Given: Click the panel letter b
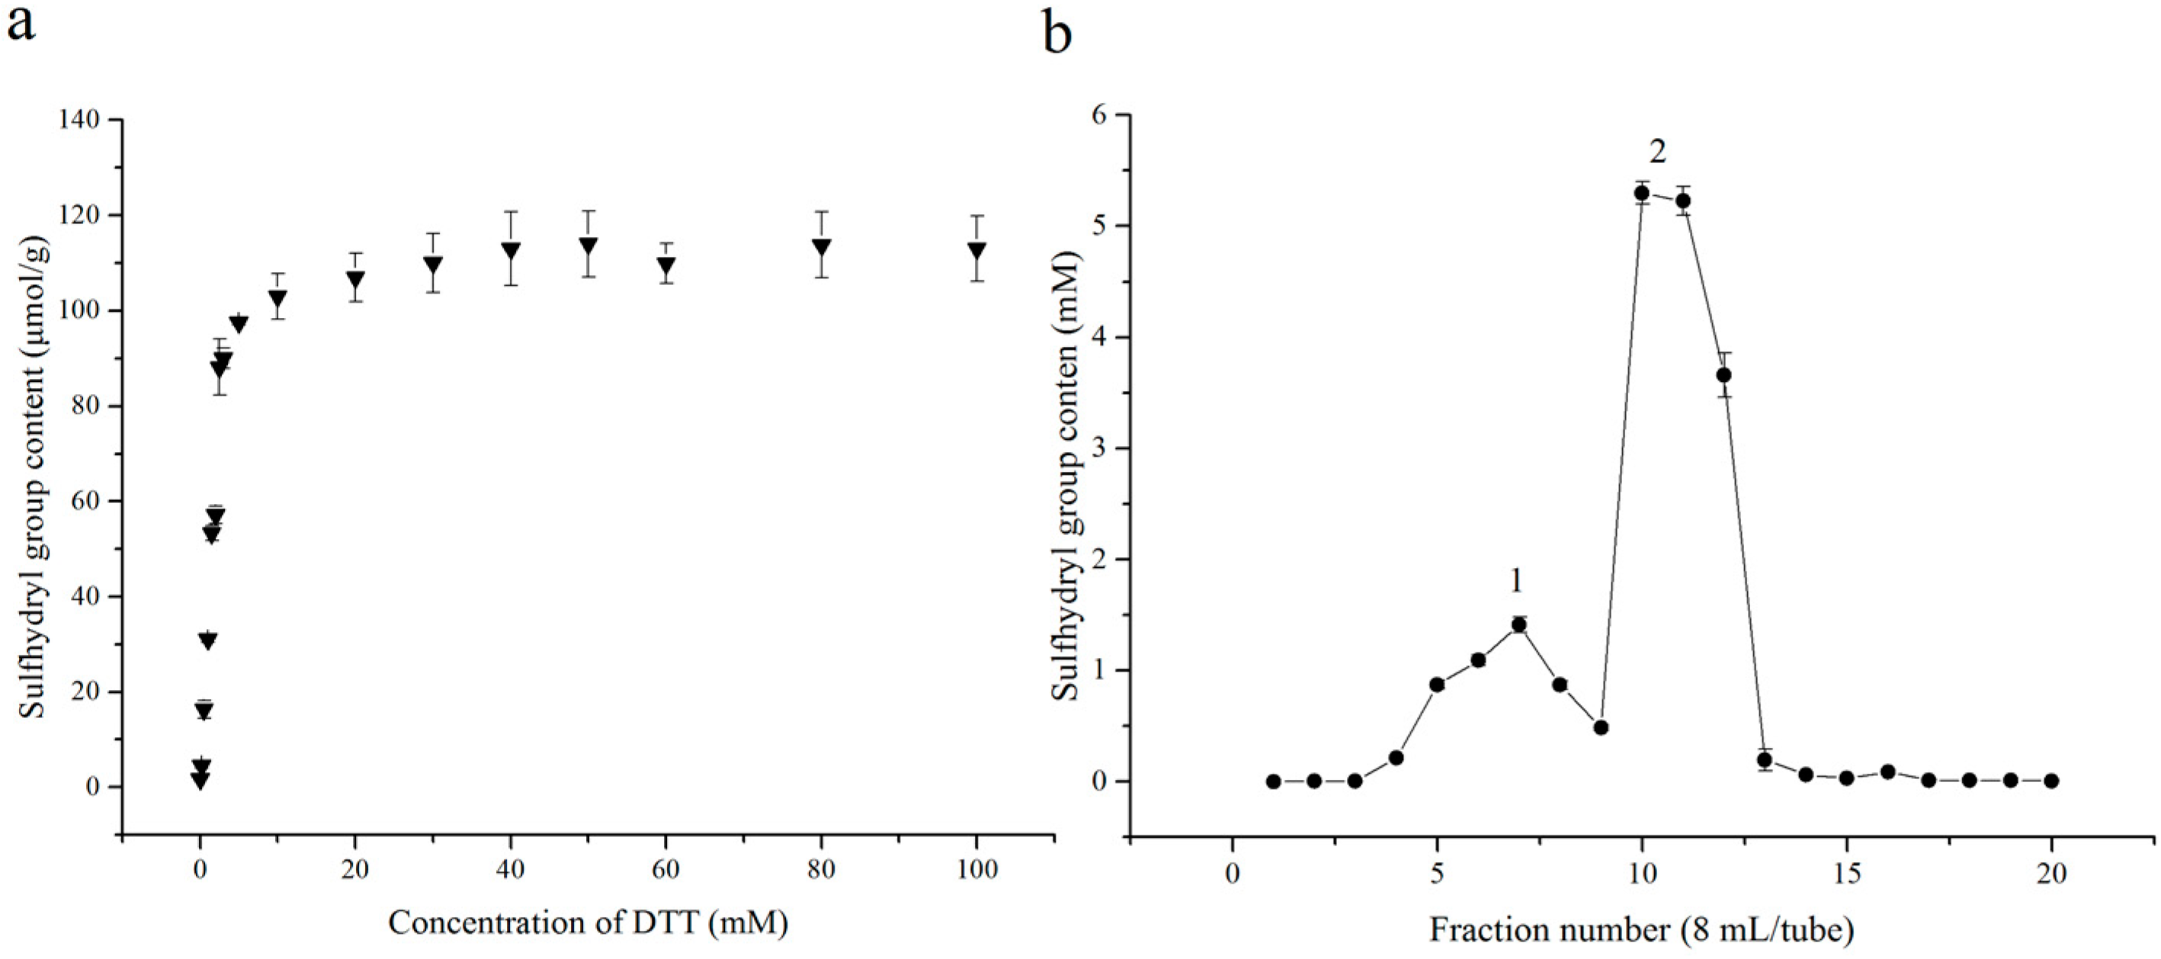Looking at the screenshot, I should (1058, 34).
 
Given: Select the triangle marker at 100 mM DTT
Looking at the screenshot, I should (976, 251).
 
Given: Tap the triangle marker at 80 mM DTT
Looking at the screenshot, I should (821, 248).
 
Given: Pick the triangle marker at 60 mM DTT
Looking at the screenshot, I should (666, 267).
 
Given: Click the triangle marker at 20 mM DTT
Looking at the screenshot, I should (356, 280).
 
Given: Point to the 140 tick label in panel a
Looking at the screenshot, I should (80, 120).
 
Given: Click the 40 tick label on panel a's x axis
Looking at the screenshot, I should (510, 869).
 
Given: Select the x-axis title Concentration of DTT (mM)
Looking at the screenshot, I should (588, 924).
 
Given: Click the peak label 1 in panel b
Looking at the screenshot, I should (1516, 581).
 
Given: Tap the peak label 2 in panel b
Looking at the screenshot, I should (1658, 152).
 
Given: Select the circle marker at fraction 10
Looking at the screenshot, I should (1642, 193).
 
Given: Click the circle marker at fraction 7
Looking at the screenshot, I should (1518, 624).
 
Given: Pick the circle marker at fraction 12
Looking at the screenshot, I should (1724, 375).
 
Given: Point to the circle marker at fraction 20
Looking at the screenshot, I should (2051, 781).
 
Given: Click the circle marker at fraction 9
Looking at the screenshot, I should (1601, 727).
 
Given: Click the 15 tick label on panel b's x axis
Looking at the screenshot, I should (1845, 874).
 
